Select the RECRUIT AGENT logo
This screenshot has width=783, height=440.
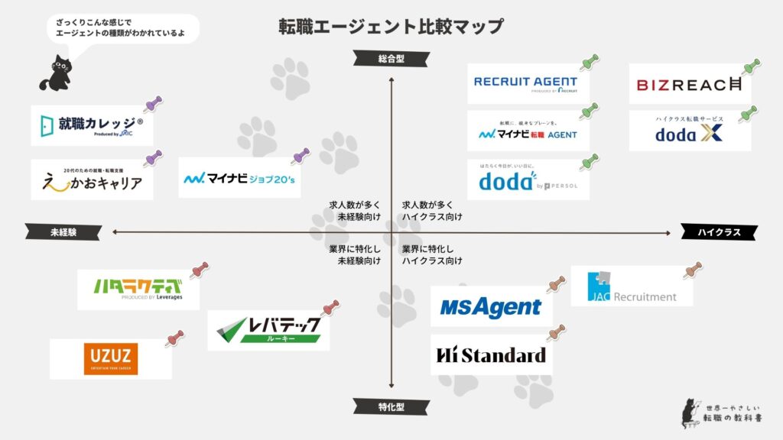pos(525,83)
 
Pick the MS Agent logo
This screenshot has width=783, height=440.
pos(490,307)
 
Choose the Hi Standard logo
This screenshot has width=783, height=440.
pos(490,355)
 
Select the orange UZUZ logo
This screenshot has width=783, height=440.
pos(111,358)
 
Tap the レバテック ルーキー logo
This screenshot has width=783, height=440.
pos(268,330)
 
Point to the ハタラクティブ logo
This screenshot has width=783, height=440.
pos(138,289)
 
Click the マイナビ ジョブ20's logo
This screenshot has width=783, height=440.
pos(239,179)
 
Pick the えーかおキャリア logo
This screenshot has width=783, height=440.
pos(92,181)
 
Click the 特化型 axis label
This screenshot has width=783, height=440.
pos(391,405)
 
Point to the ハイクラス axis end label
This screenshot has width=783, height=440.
pos(720,232)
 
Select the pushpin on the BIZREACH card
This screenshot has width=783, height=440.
pos(751,66)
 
